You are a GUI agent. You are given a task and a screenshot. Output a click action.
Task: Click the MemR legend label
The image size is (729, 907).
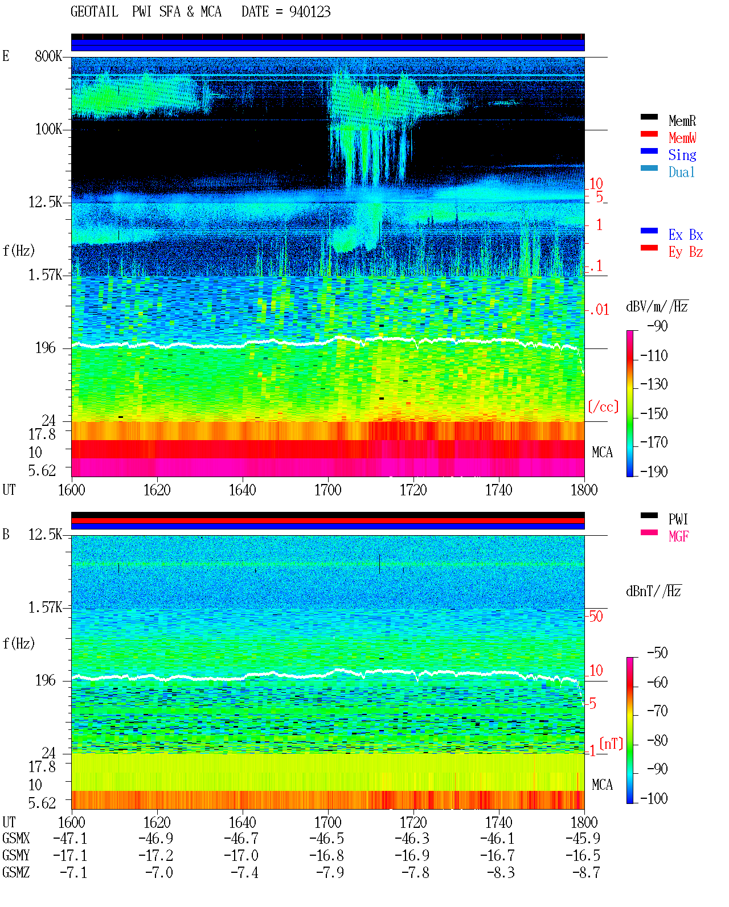[x=682, y=121]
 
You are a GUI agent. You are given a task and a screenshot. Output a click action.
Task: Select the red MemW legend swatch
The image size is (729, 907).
[x=649, y=134]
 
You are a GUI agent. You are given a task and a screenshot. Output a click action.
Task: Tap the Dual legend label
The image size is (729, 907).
[x=681, y=172]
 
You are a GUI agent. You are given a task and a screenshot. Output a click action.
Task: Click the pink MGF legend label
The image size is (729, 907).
[x=678, y=536]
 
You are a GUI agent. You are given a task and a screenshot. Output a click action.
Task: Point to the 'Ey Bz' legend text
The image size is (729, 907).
[x=686, y=252]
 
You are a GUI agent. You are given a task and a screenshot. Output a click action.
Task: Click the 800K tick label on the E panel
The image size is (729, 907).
[x=48, y=56]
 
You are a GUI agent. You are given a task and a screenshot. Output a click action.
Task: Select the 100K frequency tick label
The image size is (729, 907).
[x=48, y=129]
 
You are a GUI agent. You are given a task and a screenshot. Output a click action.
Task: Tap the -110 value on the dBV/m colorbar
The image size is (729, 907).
[x=654, y=356]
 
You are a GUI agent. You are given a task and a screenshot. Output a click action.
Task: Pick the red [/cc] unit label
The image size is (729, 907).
[x=603, y=407]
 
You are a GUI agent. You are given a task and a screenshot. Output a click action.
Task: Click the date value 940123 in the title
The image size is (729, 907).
[x=310, y=11]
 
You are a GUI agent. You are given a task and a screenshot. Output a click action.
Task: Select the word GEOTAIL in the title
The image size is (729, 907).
[x=95, y=11]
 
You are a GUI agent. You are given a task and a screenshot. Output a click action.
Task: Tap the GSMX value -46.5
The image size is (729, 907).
[x=327, y=839]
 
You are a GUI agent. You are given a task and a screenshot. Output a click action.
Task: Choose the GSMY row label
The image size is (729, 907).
[x=16, y=856]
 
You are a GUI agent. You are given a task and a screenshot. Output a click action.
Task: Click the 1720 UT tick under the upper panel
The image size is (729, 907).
[x=413, y=490]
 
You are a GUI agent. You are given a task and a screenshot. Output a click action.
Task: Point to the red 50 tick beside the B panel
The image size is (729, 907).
[x=596, y=617]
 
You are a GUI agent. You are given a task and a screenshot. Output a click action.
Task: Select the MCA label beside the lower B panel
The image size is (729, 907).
[x=602, y=785]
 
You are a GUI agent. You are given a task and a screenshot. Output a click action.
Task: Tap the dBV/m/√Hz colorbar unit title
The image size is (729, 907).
[x=657, y=306]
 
